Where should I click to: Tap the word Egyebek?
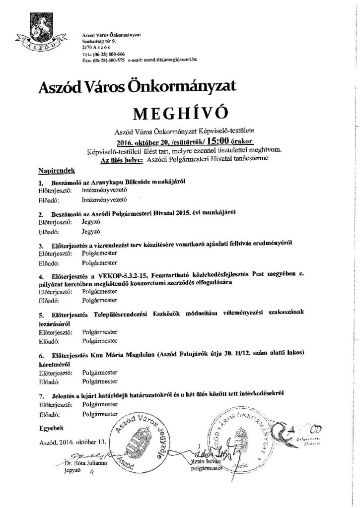(51, 427)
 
